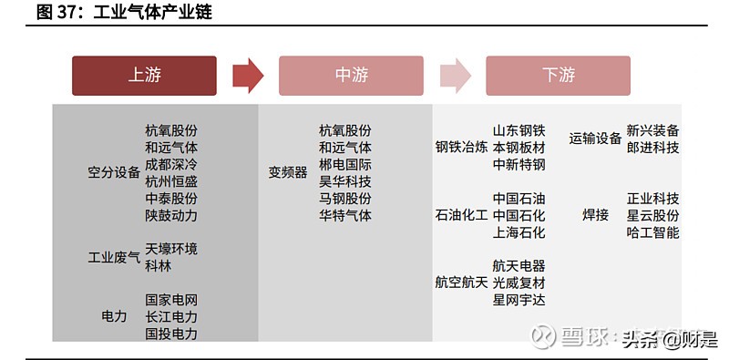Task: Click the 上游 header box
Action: click(x=144, y=76)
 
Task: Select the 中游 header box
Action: click(x=351, y=76)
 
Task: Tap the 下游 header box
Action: click(x=558, y=76)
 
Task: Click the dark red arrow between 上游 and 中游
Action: click(x=248, y=76)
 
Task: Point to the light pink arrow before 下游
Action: click(x=455, y=76)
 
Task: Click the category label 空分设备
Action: click(x=114, y=172)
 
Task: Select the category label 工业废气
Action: click(x=114, y=257)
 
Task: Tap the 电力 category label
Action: click(x=114, y=316)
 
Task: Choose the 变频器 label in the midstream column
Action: click(x=288, y=172)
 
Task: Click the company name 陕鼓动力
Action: click(x=171, y=216)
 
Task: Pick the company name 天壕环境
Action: click(x=171, y=249)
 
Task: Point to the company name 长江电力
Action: click(x=171, y=316)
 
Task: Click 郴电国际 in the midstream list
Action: click(x=345, y=165)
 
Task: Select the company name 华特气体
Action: click(x=345, y=216)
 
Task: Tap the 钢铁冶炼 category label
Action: click(x=461, y=147)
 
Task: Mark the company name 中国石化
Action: click(x=519, y=215)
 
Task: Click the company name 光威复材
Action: click(x=519, y=283)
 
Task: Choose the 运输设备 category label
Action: click(x=595, y=139)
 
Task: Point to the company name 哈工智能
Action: click(x=652, y=232)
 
